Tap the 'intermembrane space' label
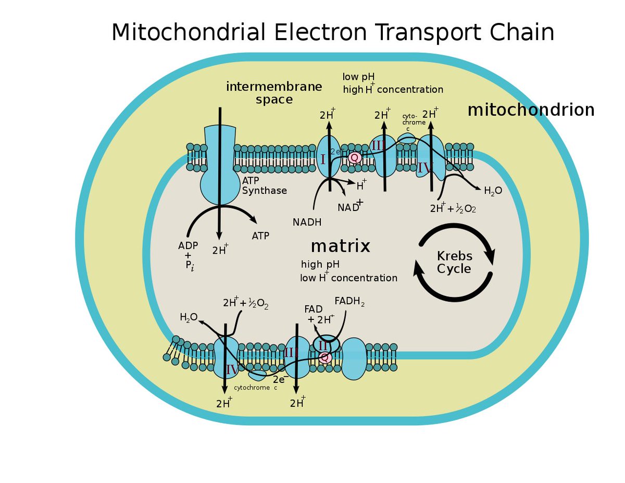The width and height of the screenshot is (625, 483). click(274, 93)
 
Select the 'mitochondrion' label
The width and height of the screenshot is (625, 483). click(531, 110)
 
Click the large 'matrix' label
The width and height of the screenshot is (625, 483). click(340, 246)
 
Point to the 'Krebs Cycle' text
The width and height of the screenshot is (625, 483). click(454, 263)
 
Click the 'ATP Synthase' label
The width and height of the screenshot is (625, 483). click(264, 185)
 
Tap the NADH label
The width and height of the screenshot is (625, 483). click(307, 222)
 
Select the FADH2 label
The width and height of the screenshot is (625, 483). click(349, 301)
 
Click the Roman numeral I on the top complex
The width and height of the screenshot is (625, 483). click(323, 159)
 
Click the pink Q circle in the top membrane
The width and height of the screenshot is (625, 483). click(355, 157)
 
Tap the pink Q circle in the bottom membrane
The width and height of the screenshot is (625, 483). click(325, 357)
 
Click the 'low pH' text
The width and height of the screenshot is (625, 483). click(358, 77)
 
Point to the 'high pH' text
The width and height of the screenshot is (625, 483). click(320, 265)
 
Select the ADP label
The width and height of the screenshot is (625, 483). click(188, 245)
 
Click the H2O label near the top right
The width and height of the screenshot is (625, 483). click(493, 191)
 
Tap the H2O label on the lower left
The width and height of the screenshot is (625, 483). click(189, 317)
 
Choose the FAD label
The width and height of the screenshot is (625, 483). click(314, 309)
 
